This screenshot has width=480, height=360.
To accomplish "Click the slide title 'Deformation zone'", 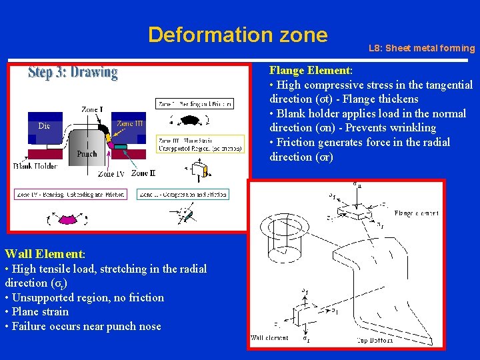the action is [x=238, y=34].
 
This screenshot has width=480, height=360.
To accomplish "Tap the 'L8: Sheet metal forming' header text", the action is [x=421, y=48].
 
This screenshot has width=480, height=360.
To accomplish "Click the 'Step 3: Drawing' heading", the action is [x=73, y=73].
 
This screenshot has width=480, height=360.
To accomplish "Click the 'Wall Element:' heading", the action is [x=45, y=253].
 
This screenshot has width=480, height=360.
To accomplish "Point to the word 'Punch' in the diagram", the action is [x=87, y=153].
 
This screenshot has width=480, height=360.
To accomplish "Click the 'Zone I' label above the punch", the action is [x=91, y=109].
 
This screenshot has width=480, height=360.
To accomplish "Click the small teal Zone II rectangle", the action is [x=119, y=146].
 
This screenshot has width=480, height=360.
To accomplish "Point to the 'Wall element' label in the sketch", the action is [x=270, y=338].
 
